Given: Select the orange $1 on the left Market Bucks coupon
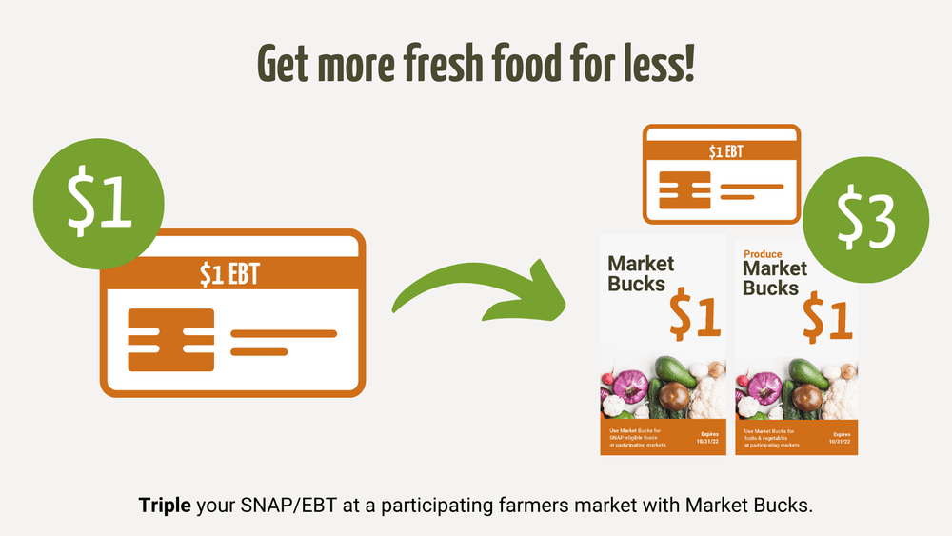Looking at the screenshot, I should [694, 317].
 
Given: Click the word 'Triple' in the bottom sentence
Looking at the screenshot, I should [166, 505].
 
